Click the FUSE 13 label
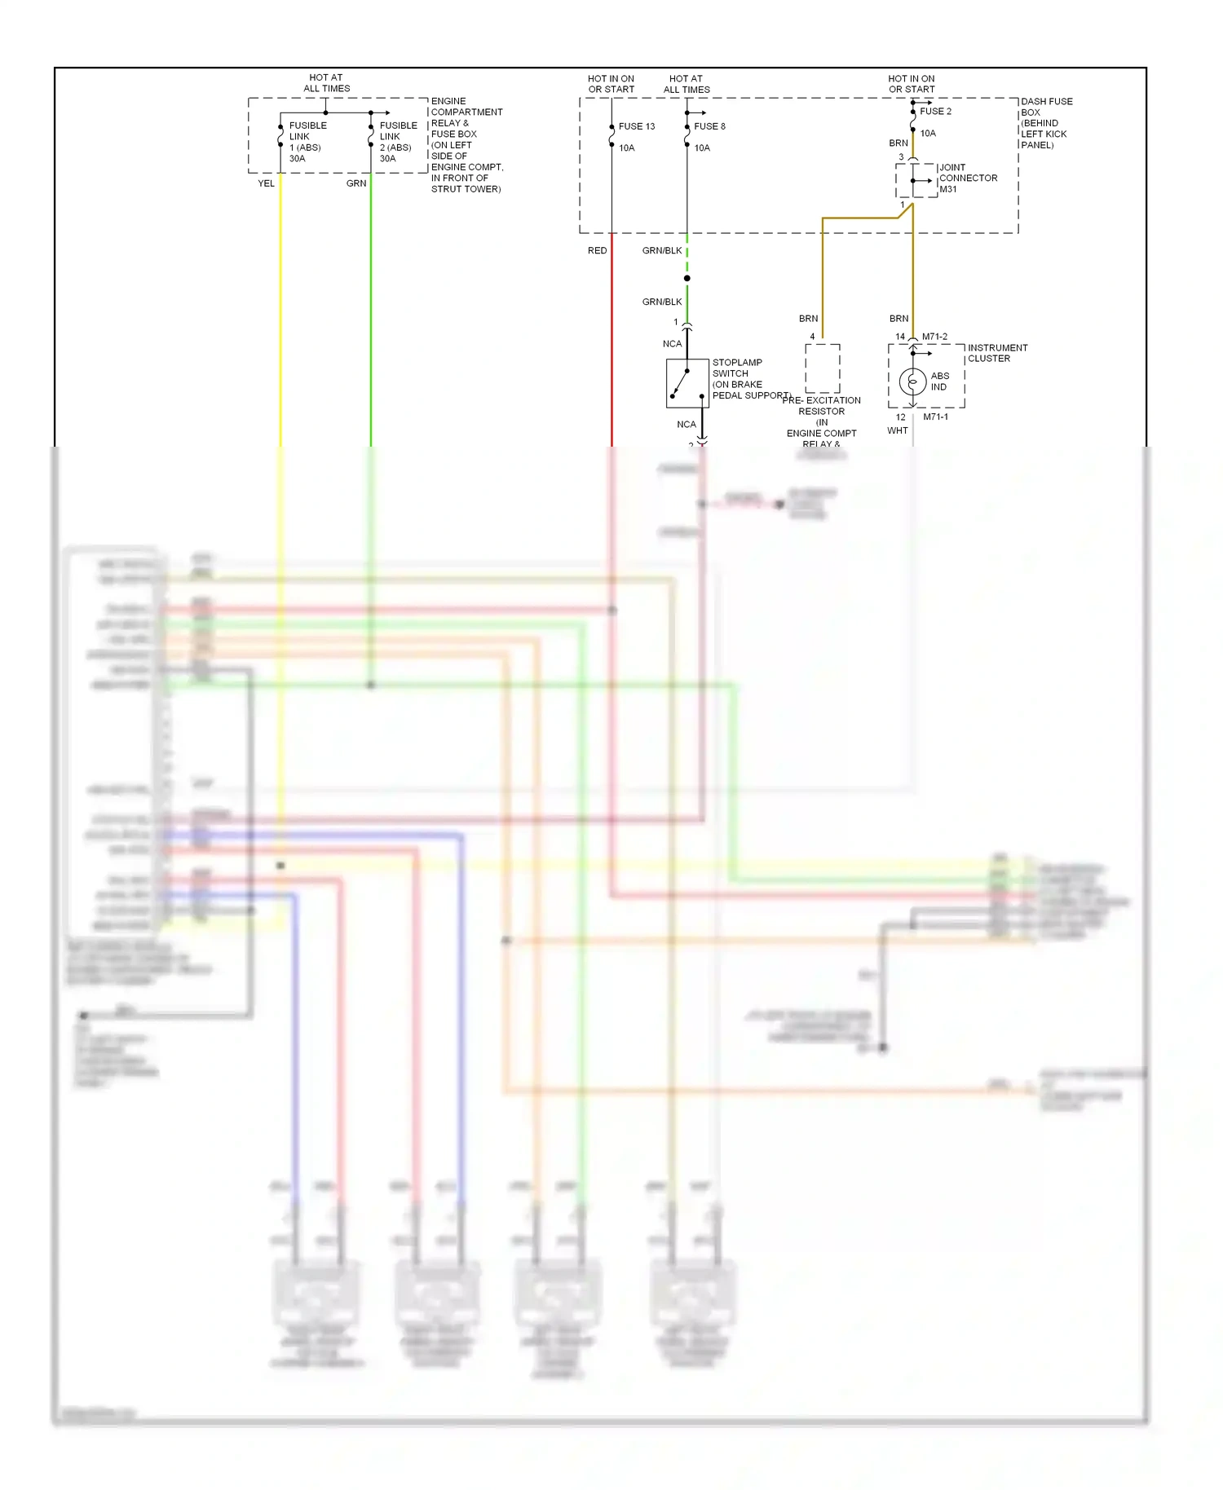[x=636, y=126]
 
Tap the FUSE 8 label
[x=709, y=126]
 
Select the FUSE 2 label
[x=935, y=111]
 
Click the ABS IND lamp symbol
[x=912, y=381]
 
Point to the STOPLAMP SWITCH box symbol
[x=687, y=383]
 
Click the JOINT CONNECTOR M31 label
[x=967, y=178]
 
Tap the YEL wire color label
[x=266, y=183]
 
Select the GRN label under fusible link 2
[x=356, y=183]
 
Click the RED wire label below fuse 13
[x=597, y=250]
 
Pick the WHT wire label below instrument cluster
[x=897, y=430]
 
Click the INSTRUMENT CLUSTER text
[x=996, y=353]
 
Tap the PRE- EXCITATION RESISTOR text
[x=821, y=406]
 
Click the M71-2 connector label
[x=934, y=337]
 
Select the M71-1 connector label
[x=935, y=417]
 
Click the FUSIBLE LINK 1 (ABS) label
[x=307, y=142]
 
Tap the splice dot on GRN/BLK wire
[x=687, y=279]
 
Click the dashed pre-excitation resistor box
[x=823, y=368]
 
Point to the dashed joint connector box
[x=916, y=180]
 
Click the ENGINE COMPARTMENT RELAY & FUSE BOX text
[x=466, y=145]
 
